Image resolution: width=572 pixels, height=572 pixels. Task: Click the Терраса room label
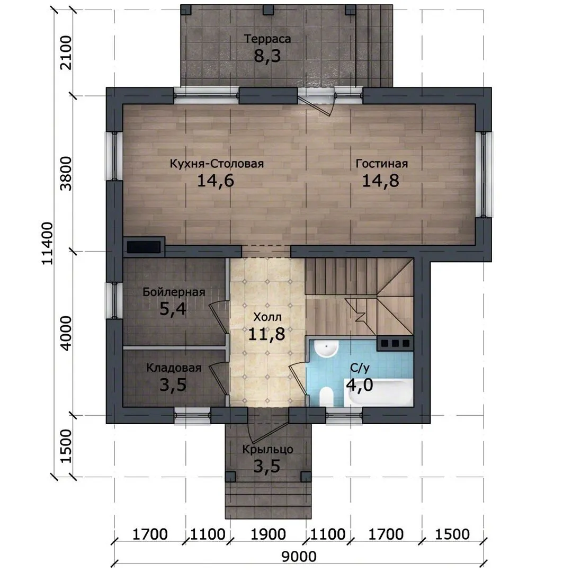coord(267,39)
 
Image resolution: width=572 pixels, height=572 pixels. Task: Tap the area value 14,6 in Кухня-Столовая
coord(216,181)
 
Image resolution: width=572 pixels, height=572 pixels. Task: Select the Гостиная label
coord(381,164)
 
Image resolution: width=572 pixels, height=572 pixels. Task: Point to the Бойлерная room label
coord(174,292)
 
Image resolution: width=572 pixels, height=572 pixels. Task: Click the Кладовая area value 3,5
coord(173,385)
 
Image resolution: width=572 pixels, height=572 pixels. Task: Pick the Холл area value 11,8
coord(266,334)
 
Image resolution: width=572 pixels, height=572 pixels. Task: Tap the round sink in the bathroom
coord(326,348)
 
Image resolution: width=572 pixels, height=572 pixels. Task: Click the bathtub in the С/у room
coord(378,392)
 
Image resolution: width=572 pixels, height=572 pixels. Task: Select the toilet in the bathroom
coord(326,397)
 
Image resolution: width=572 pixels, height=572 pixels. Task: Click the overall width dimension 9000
coord(299,557)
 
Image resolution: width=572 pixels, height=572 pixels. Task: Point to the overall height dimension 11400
coord(48,243)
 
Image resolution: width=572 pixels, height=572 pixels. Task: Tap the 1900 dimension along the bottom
coord(268,534)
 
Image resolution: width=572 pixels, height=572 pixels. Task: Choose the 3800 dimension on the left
coord(66,174)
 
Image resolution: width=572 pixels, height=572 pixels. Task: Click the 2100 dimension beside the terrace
coord(66,52)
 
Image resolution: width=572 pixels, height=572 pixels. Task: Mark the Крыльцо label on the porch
coord(267,450)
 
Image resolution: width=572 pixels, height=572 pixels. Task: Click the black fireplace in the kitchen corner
coord(144,247)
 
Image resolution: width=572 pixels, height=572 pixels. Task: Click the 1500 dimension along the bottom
coord(452,534)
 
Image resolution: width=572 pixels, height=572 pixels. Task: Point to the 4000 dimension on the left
coord(66,334)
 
